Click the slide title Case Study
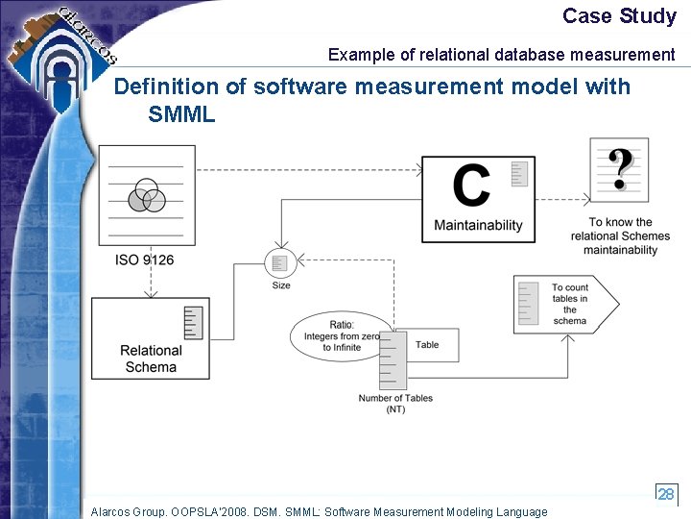click(x=619, y=16)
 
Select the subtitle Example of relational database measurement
click(x=501, y=55)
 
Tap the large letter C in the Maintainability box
click(x=470, y=185)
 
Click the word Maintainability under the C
click(x=478, y=225)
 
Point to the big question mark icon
click(x=620, y=169)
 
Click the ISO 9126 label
click(x=145, y=259)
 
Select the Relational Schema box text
click(x=151, y=358)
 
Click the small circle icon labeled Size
click(x=279, y=262)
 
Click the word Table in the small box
click(x=427, y=344)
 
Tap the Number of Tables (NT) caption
click(x=395, y=404)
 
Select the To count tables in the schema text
click(x=570, y=304)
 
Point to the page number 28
click(x=666, y=493)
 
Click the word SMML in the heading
click(x=182, y=114)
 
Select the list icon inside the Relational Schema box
click(x=194, y=322)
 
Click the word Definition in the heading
click(x=166, y=86)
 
